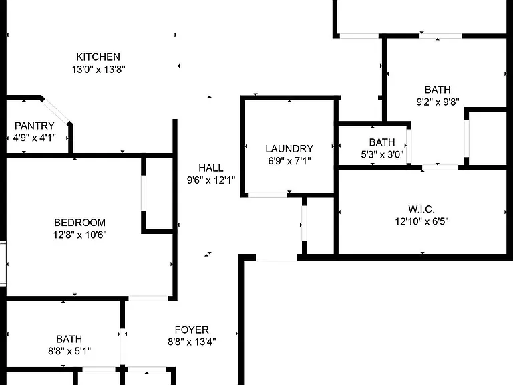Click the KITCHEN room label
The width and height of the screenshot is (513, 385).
(98, 57)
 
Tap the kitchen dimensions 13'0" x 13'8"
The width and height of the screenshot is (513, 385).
(98, 70)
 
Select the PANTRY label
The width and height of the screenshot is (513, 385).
(34, 126)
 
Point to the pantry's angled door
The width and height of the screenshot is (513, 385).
(55, 110)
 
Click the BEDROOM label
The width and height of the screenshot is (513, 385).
(80, 223)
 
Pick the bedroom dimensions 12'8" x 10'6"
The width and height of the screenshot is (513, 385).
(80, 235)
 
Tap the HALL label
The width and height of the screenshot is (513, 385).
(211, 168)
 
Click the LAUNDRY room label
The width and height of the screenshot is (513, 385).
(289, 149)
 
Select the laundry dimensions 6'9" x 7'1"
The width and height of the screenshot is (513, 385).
(289, 161)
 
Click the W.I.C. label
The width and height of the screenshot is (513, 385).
(421, 209)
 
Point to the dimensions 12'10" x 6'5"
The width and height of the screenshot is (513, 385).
(421, 221)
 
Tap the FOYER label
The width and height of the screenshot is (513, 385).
(192, 330)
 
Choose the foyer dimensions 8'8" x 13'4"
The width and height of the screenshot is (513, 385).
(192, 342)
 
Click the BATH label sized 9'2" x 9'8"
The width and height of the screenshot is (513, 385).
(438, 90)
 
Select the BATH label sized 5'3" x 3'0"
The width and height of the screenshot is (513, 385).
(382, 142)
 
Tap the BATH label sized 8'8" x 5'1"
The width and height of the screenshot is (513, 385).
(69, 339)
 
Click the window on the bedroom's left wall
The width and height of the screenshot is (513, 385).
(3, 263)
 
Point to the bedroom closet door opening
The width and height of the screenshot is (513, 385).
(144, 193)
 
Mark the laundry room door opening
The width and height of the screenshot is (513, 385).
(268, 195)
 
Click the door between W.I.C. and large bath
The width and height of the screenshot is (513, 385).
(440, 167)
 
